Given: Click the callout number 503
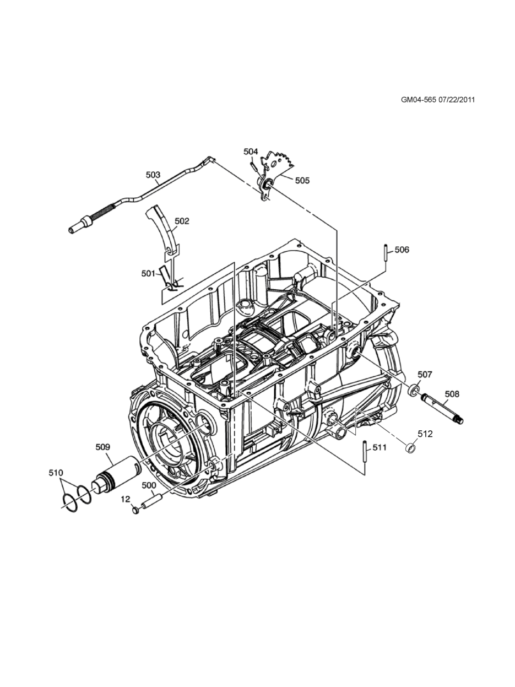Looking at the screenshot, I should point(153,175).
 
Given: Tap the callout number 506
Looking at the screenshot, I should point(402,250).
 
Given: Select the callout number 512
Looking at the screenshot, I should point(425,434).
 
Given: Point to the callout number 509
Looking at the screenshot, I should point(103,447).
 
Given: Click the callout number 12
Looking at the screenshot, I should point(126,499).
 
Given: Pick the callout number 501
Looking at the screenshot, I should point(148,273).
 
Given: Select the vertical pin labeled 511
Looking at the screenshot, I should point(364,452).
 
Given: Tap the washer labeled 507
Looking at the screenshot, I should point(411,392).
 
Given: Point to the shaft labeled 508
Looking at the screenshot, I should point(443,409).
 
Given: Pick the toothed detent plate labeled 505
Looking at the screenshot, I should point(279,163).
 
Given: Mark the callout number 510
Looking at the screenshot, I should point(56,473).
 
